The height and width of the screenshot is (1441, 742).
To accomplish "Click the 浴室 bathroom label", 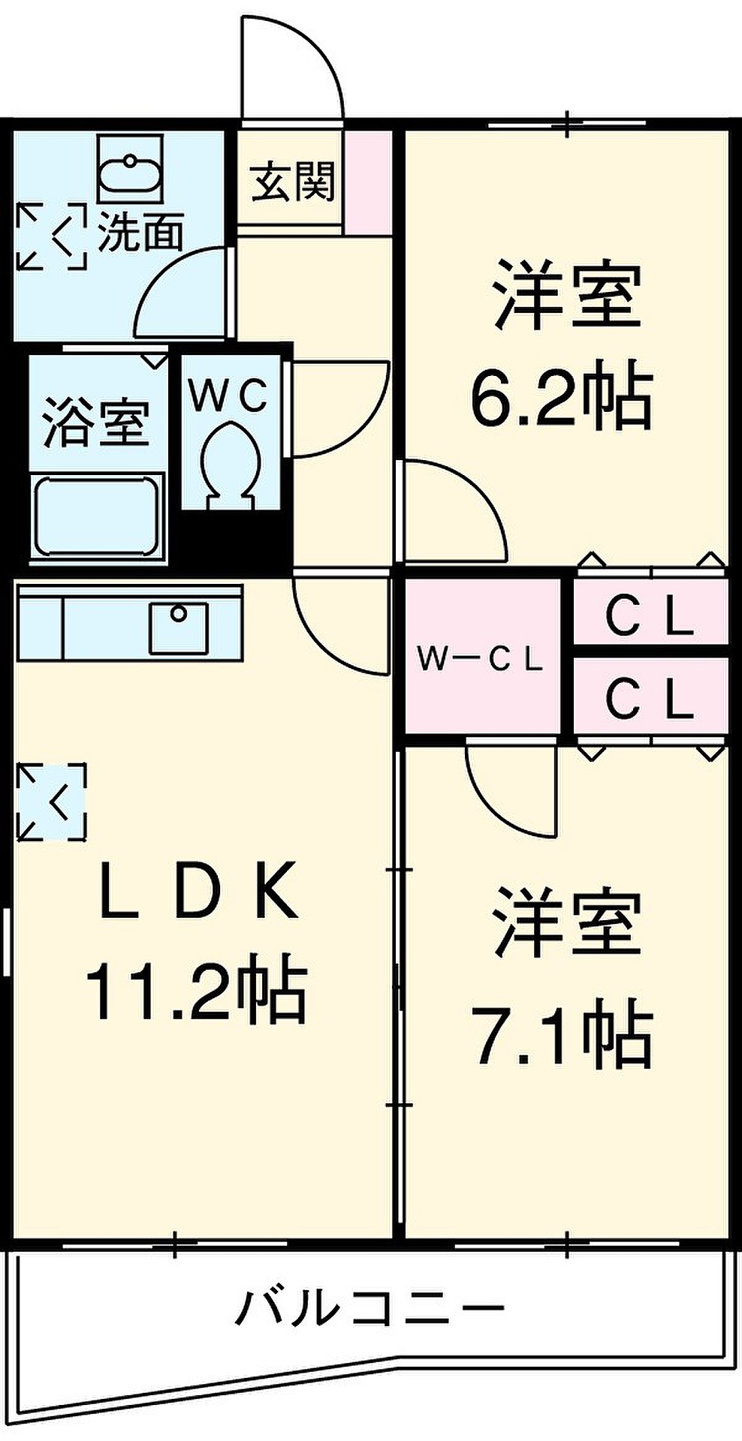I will (95, 424).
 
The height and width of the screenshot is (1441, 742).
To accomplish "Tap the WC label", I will (228, 396).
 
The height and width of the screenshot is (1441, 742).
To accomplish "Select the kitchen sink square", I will (178, 627).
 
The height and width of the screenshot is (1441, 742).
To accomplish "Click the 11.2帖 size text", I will (197, 991).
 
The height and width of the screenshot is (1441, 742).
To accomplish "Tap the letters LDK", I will (198, 892).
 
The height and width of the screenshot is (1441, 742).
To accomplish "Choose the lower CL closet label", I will (650, 699).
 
